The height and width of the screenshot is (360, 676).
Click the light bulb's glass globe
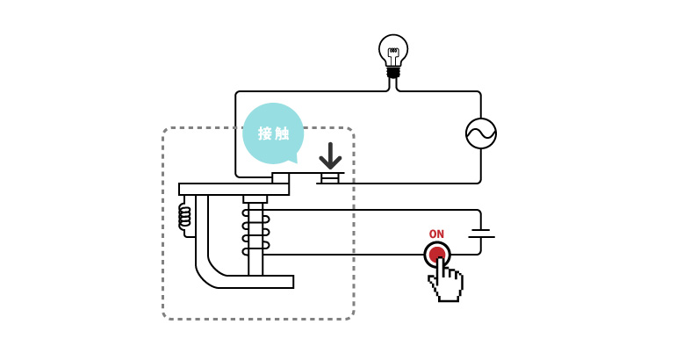point(393,46)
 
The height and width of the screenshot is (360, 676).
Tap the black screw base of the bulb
point(393,72)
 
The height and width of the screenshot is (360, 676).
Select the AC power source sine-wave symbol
point(481,133)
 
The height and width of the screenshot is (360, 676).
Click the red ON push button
point(436,254)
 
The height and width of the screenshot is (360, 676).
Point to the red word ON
point(436,234)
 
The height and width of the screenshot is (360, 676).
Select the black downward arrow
point(330,156)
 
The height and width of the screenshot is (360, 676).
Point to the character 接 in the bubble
point(265,133)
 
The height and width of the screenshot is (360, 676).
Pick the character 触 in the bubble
point(282,133)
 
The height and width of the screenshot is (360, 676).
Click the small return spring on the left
point(184,215)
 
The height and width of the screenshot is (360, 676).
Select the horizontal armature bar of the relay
point(234,189)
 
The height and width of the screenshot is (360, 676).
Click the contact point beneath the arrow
point(330,178)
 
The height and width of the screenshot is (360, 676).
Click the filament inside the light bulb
point(393,53)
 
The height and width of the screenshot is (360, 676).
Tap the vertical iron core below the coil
point(255,263)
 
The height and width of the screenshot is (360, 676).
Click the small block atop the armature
point(281,177)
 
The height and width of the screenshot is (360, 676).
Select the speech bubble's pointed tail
point(293,158)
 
